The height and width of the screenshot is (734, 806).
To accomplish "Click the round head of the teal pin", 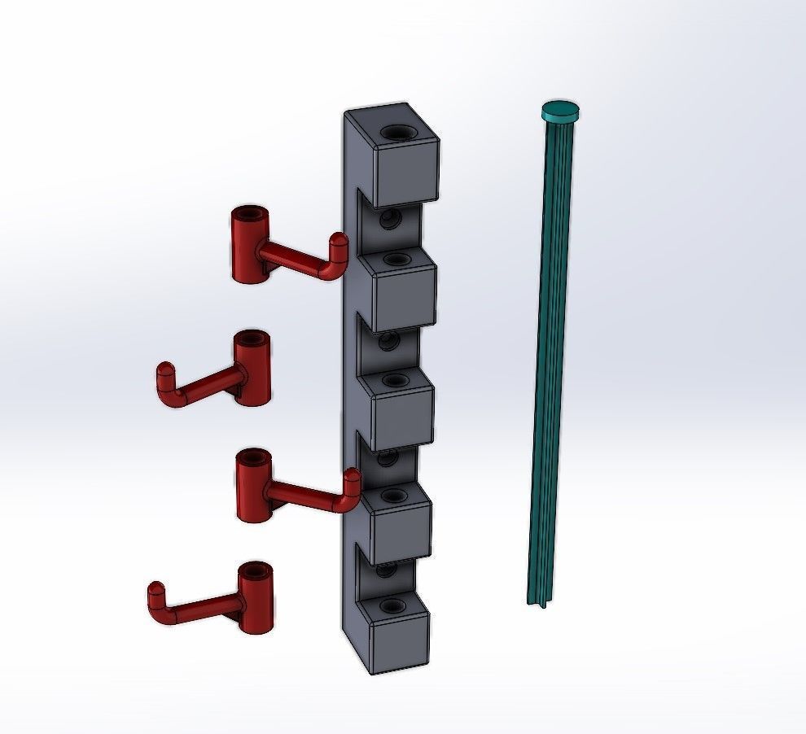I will coord(561,110).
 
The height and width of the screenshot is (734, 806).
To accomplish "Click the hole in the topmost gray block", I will coord(399,132).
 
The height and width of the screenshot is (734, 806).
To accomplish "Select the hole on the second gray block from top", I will coord(396,260).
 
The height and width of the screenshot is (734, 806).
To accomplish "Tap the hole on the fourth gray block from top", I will coord(392,493).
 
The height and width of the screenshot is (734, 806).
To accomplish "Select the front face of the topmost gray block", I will coord(405,172).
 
